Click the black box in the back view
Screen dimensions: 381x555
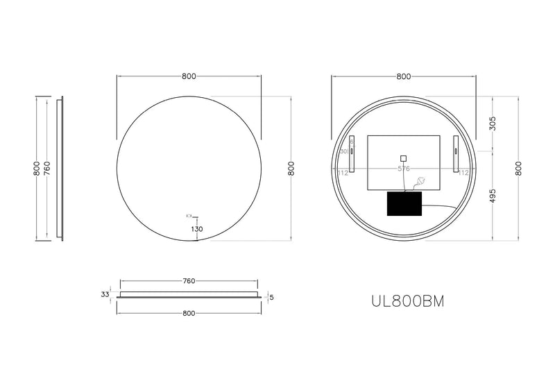pyautogui.click(x=404, y=204)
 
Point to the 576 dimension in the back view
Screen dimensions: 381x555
pyautogui.click(x=403, y=169)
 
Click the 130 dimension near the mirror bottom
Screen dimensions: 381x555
pyautogui.click(x=196, y=229)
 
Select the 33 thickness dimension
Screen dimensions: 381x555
pyautogui.click(x=105, y=295)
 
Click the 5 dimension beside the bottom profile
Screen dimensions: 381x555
pyautogui.click(x=271, y=298)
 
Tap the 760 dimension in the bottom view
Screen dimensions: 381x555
pyautogui.click(x=189, y=281)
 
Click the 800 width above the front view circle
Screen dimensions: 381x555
pyautogui.click(x=188, y=76)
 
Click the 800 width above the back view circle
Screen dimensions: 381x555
pyautogui.click(x=403, y=76)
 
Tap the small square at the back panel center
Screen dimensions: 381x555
pyautogui.click(x=403, y=157)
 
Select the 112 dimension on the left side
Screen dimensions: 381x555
pyautogui.click(x=343, y=173)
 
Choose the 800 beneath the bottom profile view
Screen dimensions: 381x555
pyautogui.click(x=188, y=313)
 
